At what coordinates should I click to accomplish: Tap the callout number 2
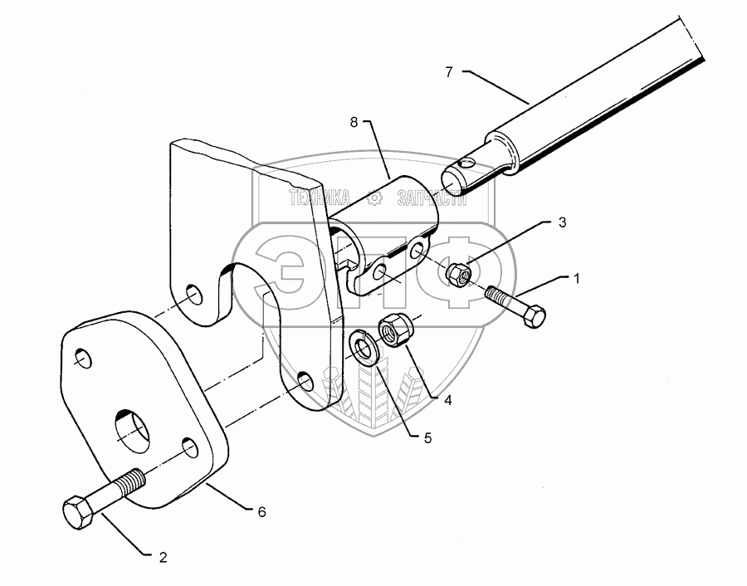pyautogui.click(x=164, y=558)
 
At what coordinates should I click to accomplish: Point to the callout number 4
pyautogui.click(x=447, y=399)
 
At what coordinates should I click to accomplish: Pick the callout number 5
pyautogui.click(x=427, y=437)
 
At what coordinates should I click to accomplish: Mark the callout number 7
pyautogui.click(x=449, y=72)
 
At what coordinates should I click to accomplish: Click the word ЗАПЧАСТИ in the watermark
pyautogui.click(x=432, y=198)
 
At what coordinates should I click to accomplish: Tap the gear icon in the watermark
pyautogui.click(x=374, y=198)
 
